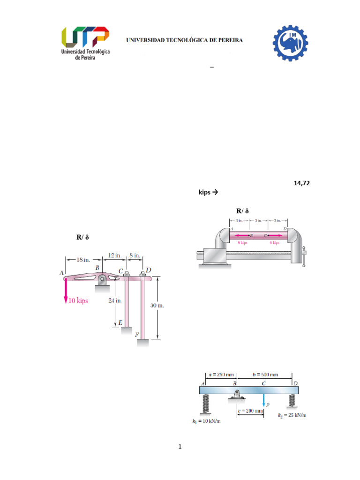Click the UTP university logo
pyautogui.click(x=85, y=42)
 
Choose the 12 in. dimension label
pyautogui.click(x=115, y=256)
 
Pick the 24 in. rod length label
pyautogui.click(x=115, y=300)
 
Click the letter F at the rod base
pyautogui.click(x=137, y=335)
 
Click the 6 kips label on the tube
pyautogui.click(x=274, y=242)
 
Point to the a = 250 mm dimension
pyautogui.click(x=221, y=375)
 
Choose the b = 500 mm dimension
pyautogui.click(x=265, y=375)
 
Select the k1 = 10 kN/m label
pyautogui.click(x=206, y=421)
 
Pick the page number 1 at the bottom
pyautogui.click(x=180, y=446)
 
